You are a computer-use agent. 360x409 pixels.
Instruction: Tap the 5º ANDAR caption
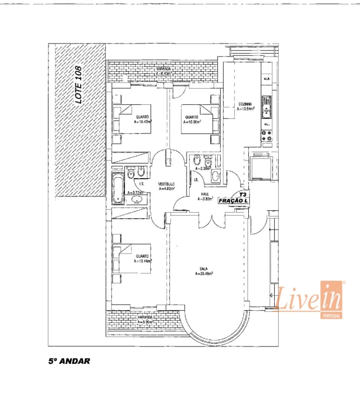point(69,361)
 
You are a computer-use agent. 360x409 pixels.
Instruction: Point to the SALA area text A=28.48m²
point(204,274)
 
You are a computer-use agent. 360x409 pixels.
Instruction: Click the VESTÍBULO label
point(166,184)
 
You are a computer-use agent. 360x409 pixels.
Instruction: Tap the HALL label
point(205,194)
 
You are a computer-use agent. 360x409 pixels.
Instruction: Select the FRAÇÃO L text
point(234,201)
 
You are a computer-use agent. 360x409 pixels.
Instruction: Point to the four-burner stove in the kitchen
point(267,136)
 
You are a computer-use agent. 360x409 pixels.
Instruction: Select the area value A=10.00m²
point(192,122)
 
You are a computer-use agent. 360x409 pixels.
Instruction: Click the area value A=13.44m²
point(142,261)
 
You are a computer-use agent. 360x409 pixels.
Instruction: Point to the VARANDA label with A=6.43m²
point(163,74)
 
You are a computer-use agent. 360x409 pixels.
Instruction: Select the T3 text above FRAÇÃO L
point(242,194)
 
